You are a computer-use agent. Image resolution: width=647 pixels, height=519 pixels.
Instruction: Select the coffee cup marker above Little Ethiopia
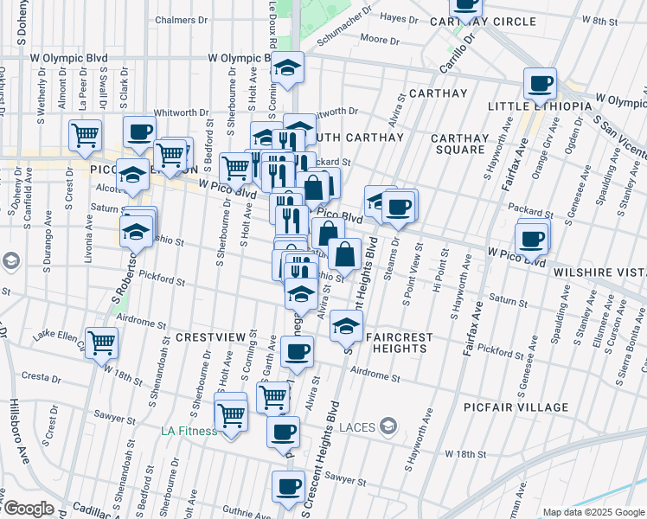tap(540, 84)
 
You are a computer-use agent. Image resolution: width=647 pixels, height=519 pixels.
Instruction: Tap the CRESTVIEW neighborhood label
tap(211, 336)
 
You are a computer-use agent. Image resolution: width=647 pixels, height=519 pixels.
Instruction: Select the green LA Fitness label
tap(188, 430)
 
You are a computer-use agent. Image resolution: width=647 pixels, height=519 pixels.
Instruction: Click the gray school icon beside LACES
tap(389, 426)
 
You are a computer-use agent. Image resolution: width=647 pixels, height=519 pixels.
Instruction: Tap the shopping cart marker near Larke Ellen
tap(102, 343)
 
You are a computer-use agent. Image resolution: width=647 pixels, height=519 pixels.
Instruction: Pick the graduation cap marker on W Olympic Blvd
tap(286, 67)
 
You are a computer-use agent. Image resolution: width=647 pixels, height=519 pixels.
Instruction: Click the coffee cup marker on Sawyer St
tap(288, 487)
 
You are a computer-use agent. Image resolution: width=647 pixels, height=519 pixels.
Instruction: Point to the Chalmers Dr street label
tap(183, 19)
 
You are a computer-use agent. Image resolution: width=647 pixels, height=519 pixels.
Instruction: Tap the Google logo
tap(28, 509)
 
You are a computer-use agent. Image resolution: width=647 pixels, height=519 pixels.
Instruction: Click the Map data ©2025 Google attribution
tap(593, 512)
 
